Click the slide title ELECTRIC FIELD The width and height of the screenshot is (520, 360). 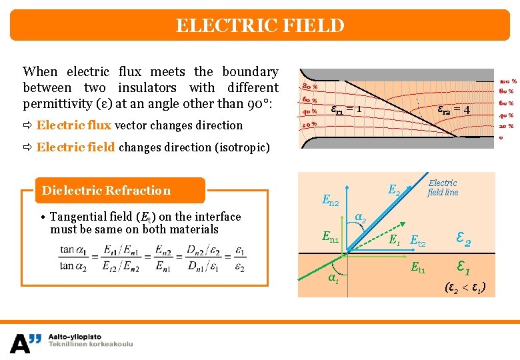coord(260,26)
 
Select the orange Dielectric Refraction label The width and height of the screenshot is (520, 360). coord(107,191)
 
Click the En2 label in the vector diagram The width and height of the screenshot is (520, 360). coord(331,199)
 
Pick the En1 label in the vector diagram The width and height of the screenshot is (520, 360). coord(331,235)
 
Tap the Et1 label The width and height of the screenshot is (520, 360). coord(418,268)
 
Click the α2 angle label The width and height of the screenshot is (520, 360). coord(360,216)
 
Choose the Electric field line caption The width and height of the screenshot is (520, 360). coord(443,187)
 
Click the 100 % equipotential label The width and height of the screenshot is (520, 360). coord(508,81)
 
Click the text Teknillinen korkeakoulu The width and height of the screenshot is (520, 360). coord(91,344)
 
